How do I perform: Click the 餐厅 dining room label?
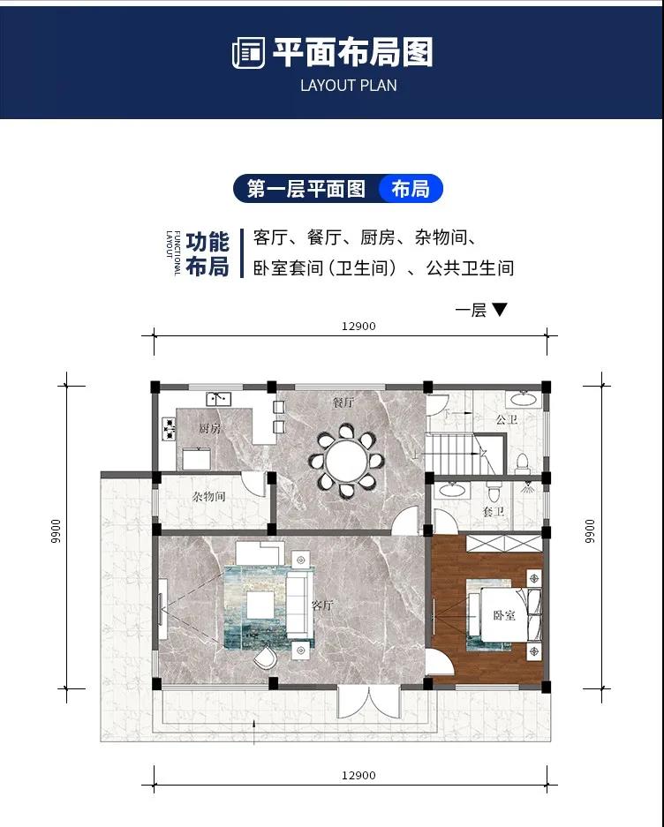[x=343, y=403]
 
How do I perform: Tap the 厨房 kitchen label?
[x=209, y=428]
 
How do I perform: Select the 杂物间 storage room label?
[x=209, y=496]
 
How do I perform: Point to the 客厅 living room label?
[x=322, y=605]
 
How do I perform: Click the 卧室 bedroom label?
[x=504, y=615]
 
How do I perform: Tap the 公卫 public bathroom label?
[x=507, y=420]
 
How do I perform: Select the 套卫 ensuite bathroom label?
[x=494, y=511]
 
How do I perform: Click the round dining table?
[x=346, y=461]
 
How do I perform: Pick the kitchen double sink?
[x=218, y=399]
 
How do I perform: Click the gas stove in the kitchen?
[x=169, y=428]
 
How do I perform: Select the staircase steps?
[x=460, y=454]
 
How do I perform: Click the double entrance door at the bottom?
[x=369, y=702]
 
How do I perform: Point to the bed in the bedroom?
[x=504, y=614]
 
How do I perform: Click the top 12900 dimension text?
[x=358, y=326]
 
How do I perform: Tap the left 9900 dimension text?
[x=57, y=531]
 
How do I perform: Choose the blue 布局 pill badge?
[x=411, y=188]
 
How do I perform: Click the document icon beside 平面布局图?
[x=249, y=53]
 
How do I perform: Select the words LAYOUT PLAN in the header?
[x=349, y=86]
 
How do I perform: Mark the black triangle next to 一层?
[x=499, y=309]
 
